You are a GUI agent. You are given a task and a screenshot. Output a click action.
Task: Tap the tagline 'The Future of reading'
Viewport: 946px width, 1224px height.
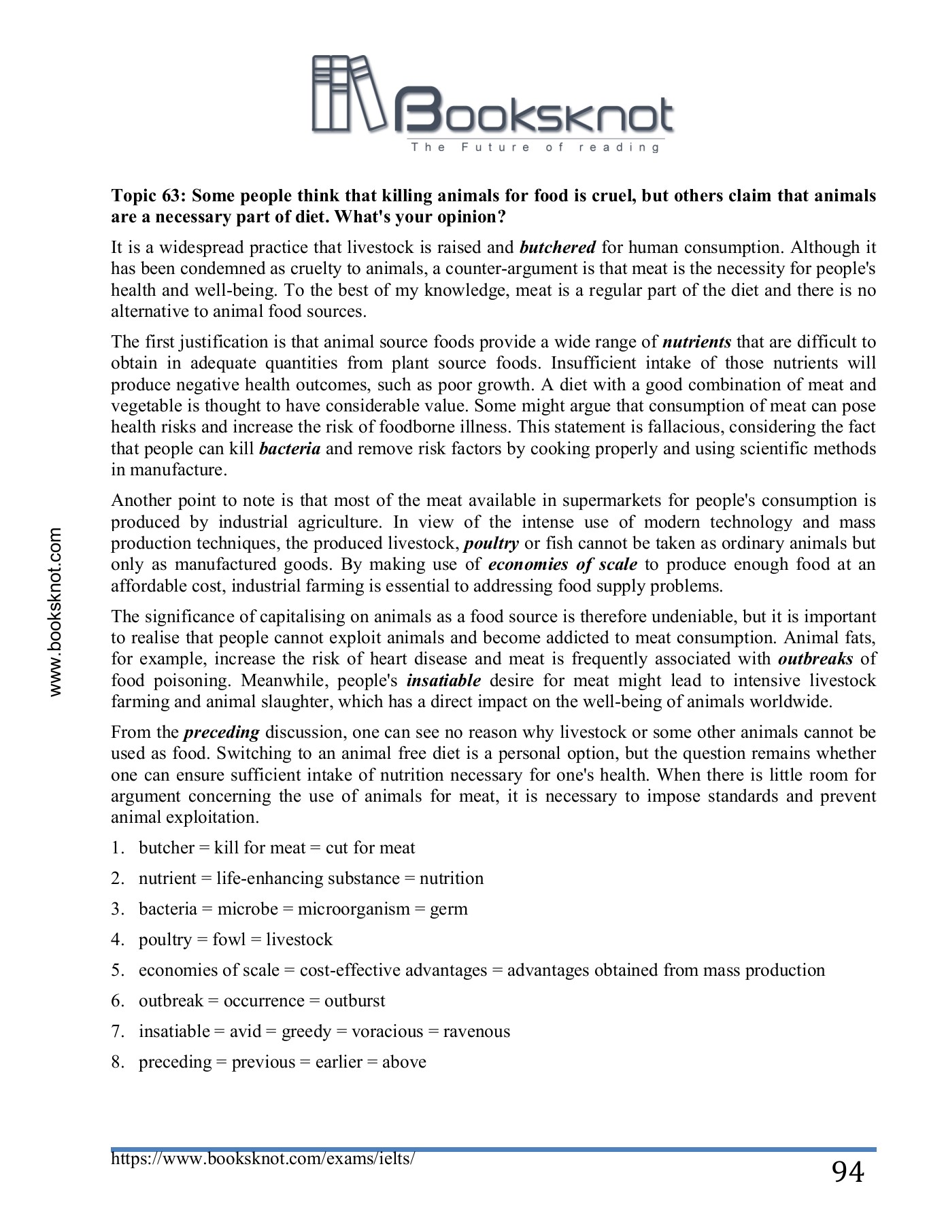coord(535,148)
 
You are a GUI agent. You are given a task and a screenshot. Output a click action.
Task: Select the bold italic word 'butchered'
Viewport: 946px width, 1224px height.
coord(557,247)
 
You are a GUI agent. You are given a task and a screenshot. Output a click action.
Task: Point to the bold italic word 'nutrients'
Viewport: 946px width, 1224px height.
coord(696,341)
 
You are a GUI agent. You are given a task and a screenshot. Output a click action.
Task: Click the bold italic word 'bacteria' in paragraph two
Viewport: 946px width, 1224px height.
coord(290,449)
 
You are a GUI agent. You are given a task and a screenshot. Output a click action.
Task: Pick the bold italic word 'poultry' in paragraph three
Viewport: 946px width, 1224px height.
coord(491,543)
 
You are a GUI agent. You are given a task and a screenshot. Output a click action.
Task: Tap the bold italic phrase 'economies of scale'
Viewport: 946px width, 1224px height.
coord(562,564)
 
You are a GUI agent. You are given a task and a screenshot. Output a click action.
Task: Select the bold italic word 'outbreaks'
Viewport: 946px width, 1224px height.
coord(815,659)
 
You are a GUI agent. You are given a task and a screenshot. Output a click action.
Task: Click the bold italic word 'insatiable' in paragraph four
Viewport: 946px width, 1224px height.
coord(443,681)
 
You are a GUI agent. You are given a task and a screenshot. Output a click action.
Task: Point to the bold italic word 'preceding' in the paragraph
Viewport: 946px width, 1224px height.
coord(222,732)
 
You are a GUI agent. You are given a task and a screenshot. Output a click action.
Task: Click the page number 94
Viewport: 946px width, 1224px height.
coord(847,1172)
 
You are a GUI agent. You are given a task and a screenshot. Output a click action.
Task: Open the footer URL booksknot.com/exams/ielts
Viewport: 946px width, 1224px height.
coord(263,1158)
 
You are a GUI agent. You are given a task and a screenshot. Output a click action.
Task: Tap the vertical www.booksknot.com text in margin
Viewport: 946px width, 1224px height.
coord(56,612)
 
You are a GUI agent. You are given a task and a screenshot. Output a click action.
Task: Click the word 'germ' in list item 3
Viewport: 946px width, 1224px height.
coord(448,909)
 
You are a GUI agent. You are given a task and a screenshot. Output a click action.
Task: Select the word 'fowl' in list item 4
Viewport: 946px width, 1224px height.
coord(229,940)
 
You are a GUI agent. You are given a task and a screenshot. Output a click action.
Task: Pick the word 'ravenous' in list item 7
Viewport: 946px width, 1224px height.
coord(476,1032)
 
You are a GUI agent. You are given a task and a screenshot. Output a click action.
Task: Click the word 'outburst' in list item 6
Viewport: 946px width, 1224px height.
coord(354,1001)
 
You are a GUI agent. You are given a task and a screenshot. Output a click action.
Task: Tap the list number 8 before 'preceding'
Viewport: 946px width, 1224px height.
coord(116,1062)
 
